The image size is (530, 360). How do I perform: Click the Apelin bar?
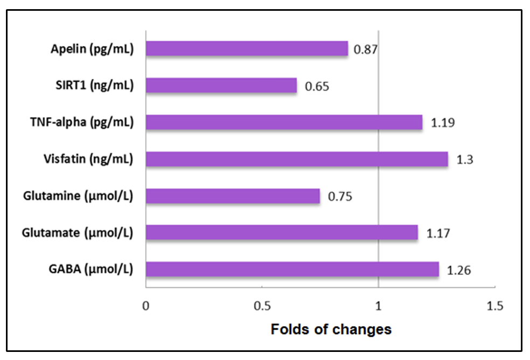pyautogui.click(x=247, y=49)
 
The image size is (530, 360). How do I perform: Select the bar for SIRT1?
pyautogui.click(x=221, y=86)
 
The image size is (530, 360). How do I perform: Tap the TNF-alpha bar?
pyautogui.click(x=284, y=122)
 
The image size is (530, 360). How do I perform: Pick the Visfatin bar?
pyautogui.click(x=297, y=159)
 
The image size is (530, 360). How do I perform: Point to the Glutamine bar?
pyautogui.click(x=233, y=196)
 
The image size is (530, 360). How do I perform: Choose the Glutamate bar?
pyautogui.click(x=282, y=232)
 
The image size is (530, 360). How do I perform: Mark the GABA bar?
pyautogui.click(x=292, y=269)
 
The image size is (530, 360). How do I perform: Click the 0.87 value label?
pyautogui.click(x=365, y=50)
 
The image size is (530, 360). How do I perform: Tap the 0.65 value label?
pyautogui.click(x=317, y=86)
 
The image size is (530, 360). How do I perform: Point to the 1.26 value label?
pyautogui.click(x=459, y=270)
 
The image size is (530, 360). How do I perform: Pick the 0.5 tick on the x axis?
pyautogui.click(x=262, y=306)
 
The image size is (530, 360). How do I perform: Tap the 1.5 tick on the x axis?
pyautogui.click(x=494, y=306)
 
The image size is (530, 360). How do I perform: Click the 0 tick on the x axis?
pyautogui.click(x=146, y=306)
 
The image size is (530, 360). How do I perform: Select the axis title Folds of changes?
pyautogui.click(x=331, y=329)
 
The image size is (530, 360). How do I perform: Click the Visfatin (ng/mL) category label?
pyautogui.click(x=88, y=159)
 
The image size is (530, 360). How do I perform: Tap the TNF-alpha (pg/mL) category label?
pyautogui.click(x=82, y=122)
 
